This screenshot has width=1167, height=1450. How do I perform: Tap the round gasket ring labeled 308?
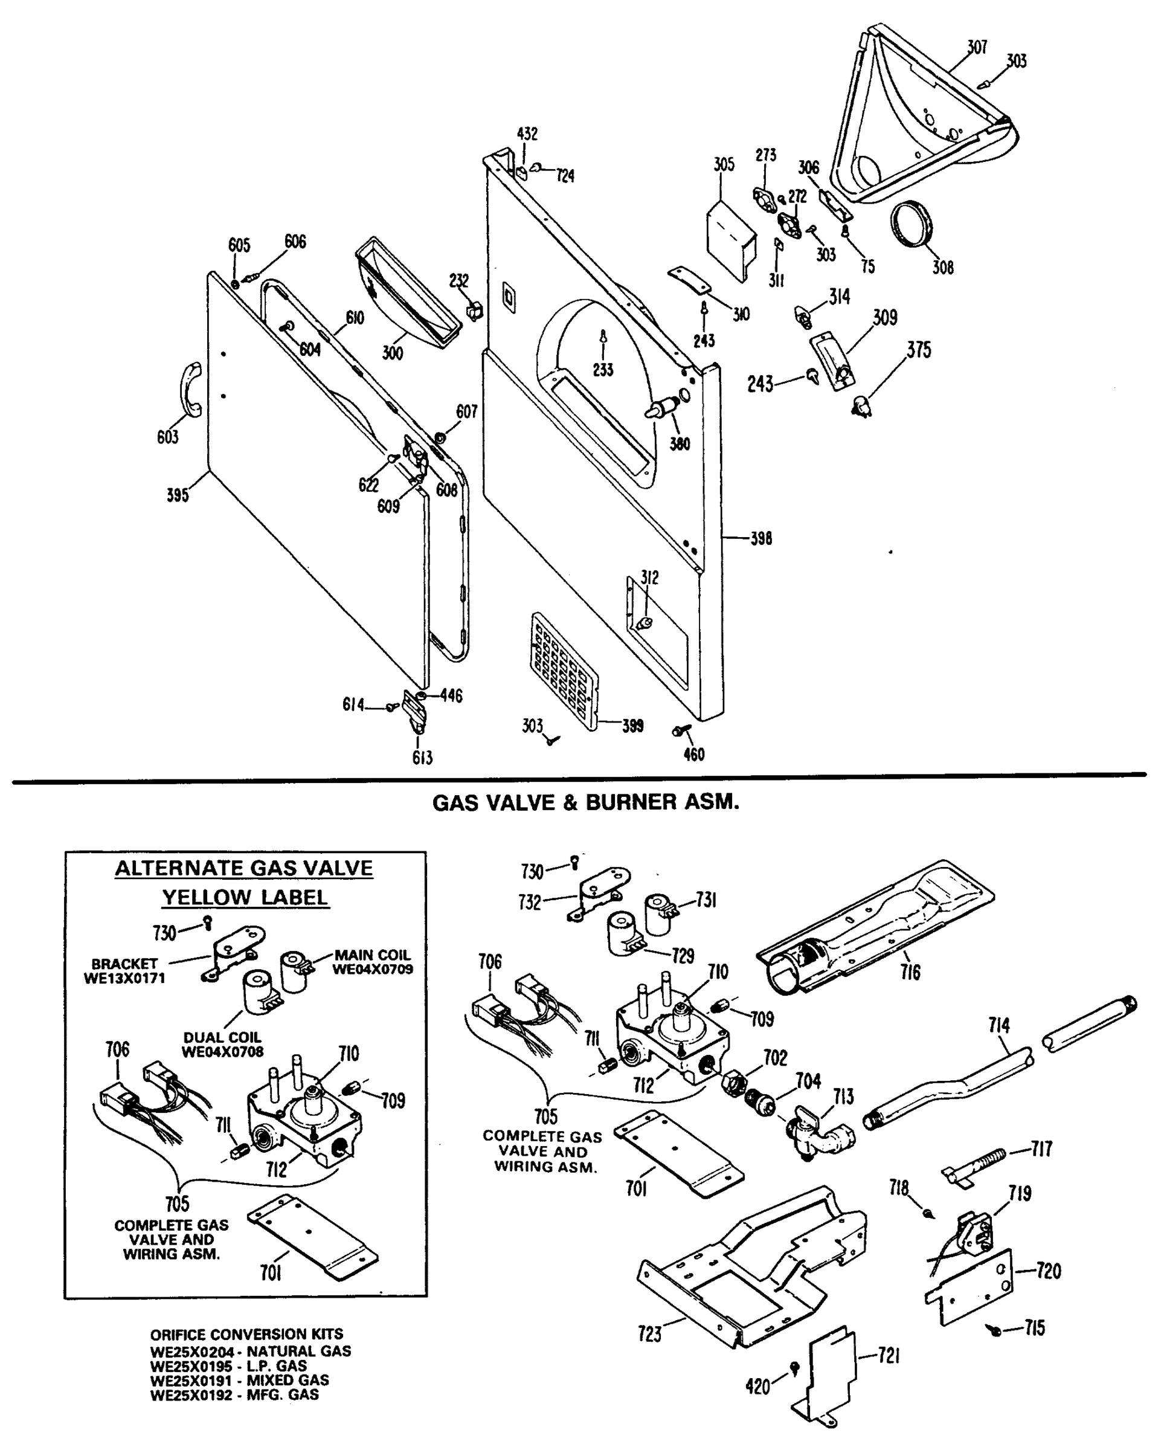[912, 224]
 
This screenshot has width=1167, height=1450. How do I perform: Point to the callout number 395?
[178, 495]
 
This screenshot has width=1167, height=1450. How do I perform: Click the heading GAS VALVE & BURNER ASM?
[585, 802]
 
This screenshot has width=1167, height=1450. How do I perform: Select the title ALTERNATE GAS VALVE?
[244, 868]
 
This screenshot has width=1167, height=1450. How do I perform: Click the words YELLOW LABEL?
[245, 897]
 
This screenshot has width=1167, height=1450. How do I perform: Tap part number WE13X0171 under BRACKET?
[124, 978]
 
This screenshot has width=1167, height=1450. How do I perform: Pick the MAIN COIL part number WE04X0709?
[373, 969]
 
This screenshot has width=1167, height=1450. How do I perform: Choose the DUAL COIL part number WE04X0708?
[222, 1051]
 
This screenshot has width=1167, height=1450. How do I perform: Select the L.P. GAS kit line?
[228, 1366]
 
